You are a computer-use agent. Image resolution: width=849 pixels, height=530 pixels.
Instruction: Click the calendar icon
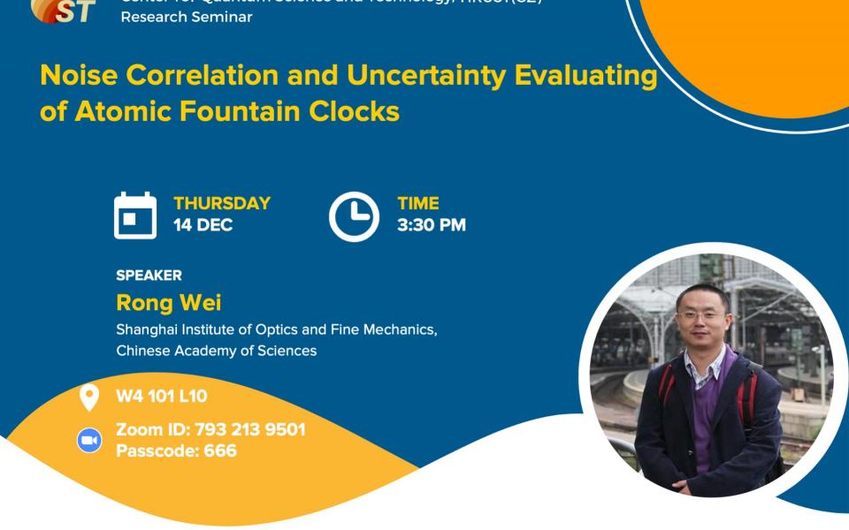pyautogui.click(x=135, y=216)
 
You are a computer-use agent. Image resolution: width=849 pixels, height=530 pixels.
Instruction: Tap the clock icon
pyautogui.click(x=354, y=216)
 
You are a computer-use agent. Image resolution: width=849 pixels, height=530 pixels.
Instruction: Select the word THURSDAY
pyautogui.click(x=222, y=203)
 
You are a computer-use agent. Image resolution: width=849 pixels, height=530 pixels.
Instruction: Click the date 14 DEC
pyautogui.click(x=203, y=225)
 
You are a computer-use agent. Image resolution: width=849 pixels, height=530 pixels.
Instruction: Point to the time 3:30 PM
pyautogui.click(x=432, y=225)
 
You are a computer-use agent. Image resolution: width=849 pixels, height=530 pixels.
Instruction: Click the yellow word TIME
pyautogui.click(x=418, y=203)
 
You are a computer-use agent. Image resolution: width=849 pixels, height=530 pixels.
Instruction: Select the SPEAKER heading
pyautogui.click(x=149, y=276)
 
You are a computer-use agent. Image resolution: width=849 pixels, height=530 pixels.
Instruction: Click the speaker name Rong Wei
pyautogui.click(x=169, y=303)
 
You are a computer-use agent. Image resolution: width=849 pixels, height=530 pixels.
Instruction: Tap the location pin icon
pyautogui.click(x=89, y=397)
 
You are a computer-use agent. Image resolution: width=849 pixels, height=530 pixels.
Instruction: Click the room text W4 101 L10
pyautogui.click(x=162, y=397)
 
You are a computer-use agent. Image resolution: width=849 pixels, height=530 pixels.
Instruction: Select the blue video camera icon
pyautogui.click(x=89, y=440)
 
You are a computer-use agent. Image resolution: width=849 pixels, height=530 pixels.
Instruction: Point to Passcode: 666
pyautogui.click(x=176, y=450)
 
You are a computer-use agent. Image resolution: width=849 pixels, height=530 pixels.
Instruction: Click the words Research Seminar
pyautogui.click(x=187, y=17)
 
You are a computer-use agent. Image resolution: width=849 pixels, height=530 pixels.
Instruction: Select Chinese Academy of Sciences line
pyautogui.click(x=216, y=351)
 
